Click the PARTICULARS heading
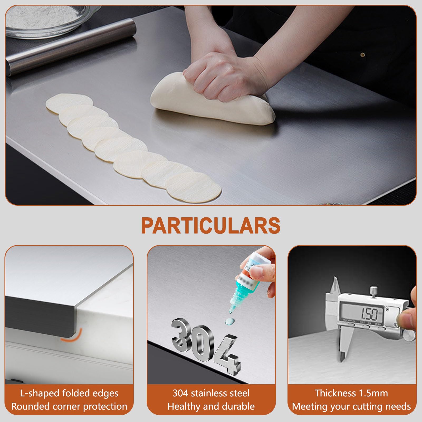pos(211,226)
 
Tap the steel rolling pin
pos(71,46)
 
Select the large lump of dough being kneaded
pos(211,103)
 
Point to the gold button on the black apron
pos(363,55)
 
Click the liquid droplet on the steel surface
pos(229,322)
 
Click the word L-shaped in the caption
pos(40,394)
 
